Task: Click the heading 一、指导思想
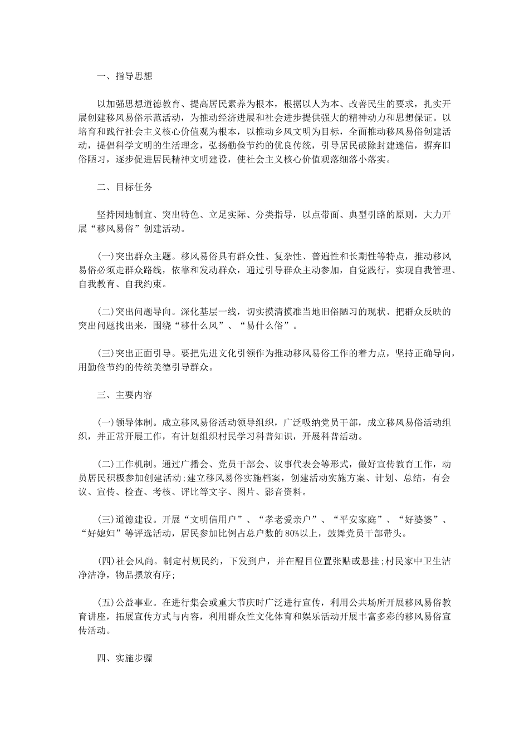click(x=124, y=77)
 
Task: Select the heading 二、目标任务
click(x=124, y=187)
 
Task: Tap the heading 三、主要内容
click(x=124, y=395)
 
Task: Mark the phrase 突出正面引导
click(x=143, y=353)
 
